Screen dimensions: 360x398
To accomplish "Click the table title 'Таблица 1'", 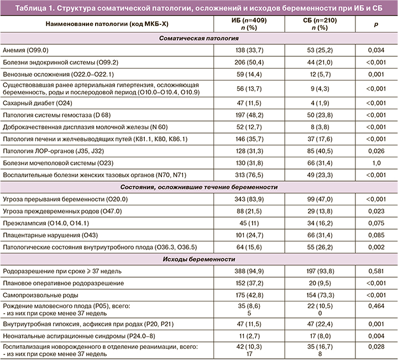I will point(198,7).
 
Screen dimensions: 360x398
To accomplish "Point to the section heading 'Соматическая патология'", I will point(198,40).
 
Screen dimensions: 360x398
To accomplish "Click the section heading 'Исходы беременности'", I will point(198,260).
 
